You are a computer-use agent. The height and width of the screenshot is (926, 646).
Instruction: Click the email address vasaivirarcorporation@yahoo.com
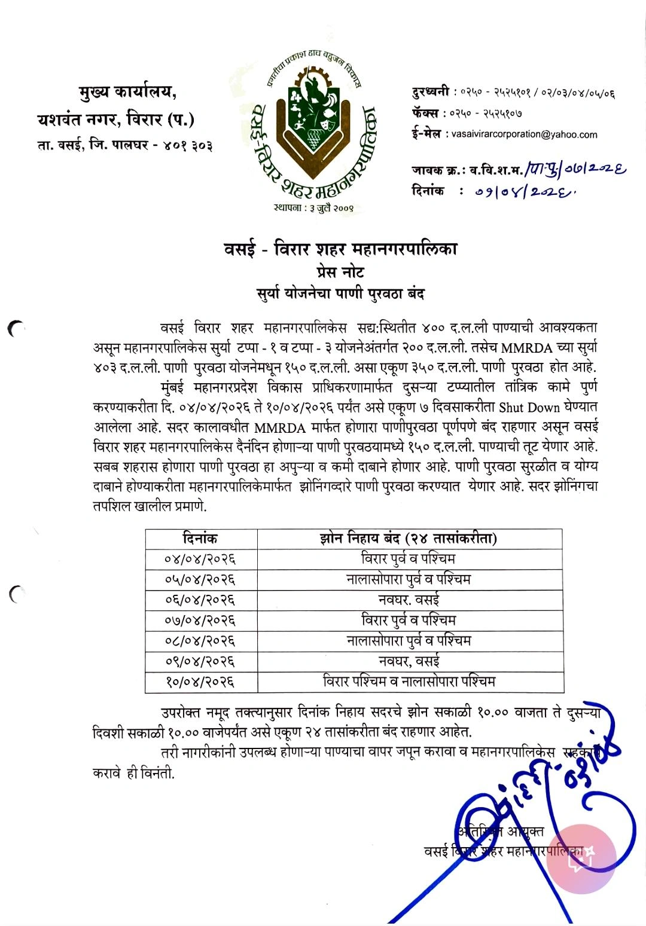(524, 135)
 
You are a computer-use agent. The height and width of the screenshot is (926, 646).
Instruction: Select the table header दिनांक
(200, 539)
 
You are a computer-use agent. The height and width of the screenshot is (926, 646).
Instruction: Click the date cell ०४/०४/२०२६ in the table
(200, 559)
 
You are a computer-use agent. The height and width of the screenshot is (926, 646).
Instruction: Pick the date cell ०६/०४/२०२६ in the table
(200, 600)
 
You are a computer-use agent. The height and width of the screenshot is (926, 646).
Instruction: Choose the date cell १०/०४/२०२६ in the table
(200, 681)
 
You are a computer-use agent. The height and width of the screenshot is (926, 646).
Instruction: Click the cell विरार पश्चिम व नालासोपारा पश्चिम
(409, 681)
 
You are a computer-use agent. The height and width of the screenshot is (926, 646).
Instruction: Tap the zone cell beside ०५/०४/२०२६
(409, 579)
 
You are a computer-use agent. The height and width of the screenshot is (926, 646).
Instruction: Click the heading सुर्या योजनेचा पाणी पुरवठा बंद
(340, 294)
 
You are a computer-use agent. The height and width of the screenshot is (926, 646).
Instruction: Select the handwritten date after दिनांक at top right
(526, 192)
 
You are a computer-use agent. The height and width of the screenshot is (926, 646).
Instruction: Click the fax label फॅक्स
(425, 113)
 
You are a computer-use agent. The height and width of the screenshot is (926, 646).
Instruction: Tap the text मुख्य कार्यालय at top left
(128, 93)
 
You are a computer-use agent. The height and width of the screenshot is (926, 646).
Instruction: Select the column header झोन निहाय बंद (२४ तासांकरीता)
(409, 539)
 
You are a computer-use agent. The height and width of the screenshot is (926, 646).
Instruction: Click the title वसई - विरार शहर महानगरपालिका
(340, 249)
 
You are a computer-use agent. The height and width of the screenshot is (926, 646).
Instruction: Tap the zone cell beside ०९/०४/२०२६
(409, 661)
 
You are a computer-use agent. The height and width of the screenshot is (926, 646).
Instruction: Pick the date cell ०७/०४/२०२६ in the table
(200, 620)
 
